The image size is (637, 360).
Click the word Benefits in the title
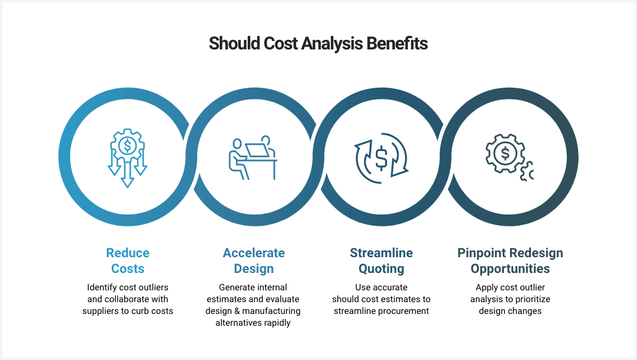click(397, 43)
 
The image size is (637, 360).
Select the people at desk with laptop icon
click(253, 158)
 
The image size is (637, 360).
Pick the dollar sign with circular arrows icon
click(381, 158)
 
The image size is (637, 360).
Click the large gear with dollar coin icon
click(505, 153)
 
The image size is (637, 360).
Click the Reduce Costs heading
click(128, 261)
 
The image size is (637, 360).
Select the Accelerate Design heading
click(254, 261)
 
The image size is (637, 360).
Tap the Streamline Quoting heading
click(381, 261)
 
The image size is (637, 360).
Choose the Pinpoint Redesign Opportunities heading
click(510, 261)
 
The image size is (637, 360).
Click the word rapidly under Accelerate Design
click(277, 322)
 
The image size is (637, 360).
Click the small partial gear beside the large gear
click(527, 171)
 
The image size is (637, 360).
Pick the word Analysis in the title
click(332, 43)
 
